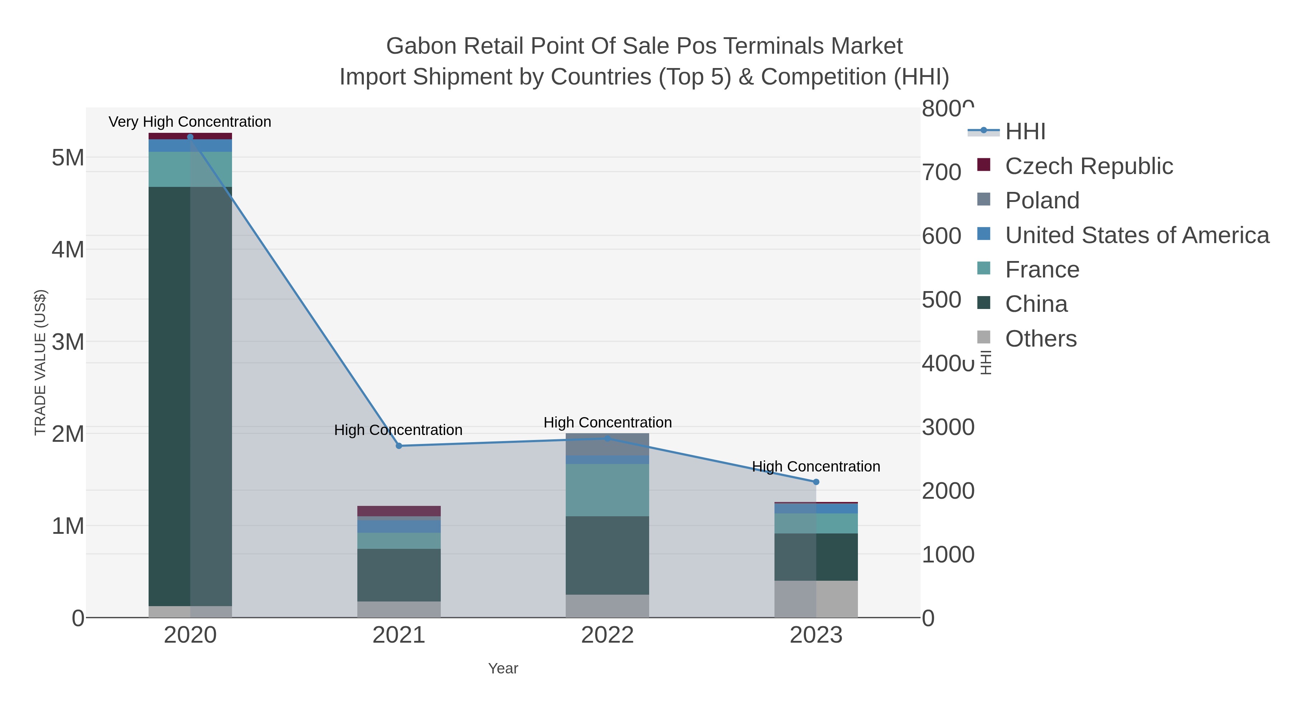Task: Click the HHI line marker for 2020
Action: coord(190,137)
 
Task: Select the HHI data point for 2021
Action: coord(399,446)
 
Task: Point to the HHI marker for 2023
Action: coord(816,482)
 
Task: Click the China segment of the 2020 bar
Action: coord(190,395)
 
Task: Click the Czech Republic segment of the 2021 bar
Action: coord(399,511)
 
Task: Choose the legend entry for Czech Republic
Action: coord(1088,166)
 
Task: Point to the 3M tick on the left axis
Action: coord(68,342)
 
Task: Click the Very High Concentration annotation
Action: coord(190,122)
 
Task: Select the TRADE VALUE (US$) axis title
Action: coord(40,362)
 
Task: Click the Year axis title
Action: coord(503,668)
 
